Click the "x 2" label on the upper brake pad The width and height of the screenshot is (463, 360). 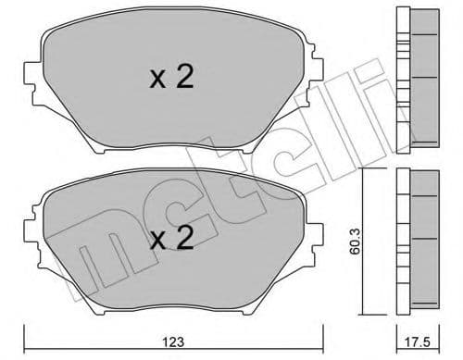coord(171,78)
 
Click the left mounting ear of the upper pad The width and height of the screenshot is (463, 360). coord(36,73)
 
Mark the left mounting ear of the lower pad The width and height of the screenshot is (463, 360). coord(34,236)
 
